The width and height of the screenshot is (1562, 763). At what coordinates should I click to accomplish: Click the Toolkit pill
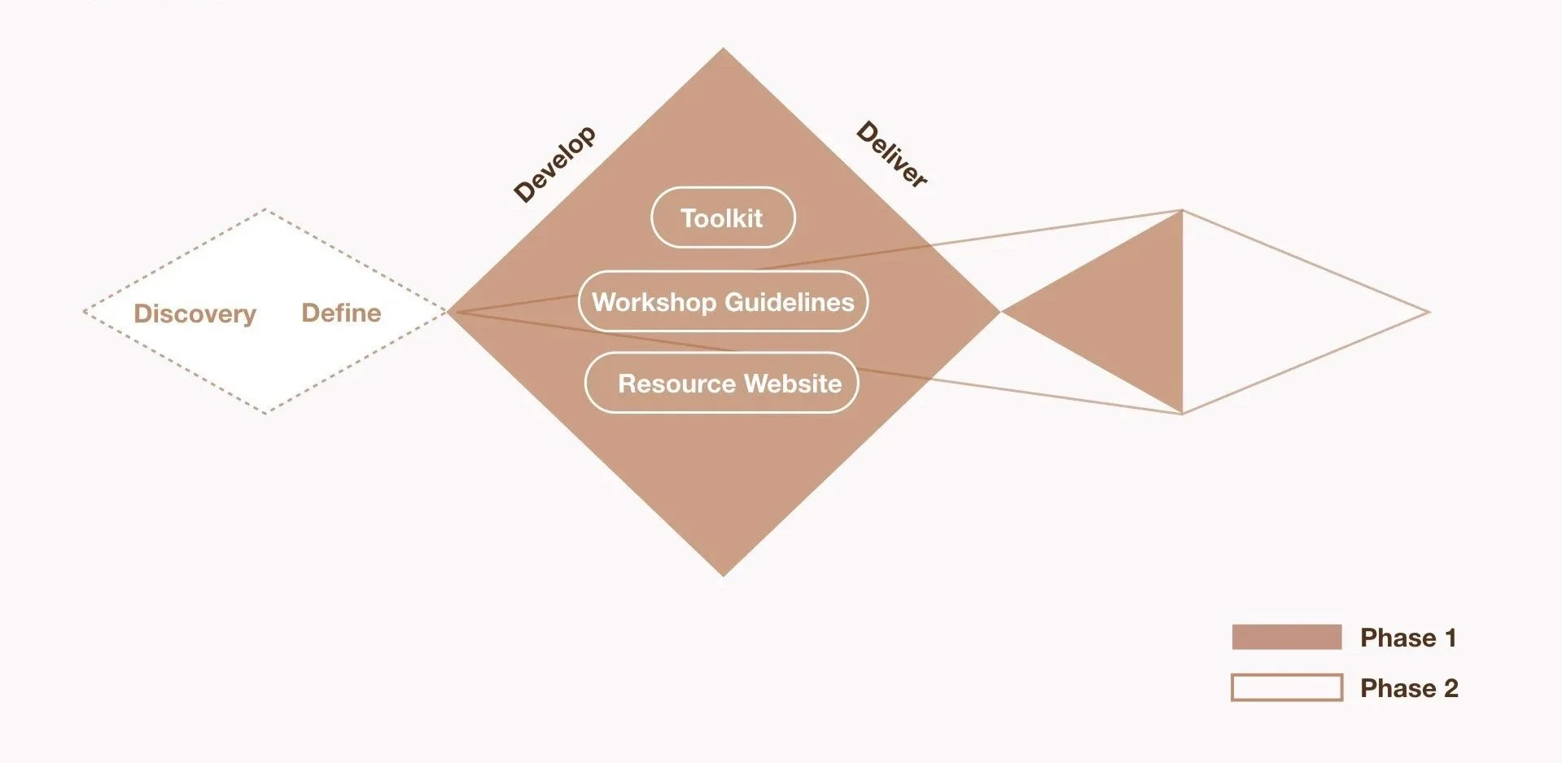click(723, 217)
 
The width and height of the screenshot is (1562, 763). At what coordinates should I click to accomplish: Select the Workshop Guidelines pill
click(723, 301)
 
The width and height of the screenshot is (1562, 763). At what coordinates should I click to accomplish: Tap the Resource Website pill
click(722, 383)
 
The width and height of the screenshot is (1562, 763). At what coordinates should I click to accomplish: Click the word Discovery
click(195, 314)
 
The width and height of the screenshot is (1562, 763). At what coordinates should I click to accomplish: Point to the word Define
click(341, 313)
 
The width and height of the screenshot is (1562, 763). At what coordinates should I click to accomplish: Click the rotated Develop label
click(554, 164)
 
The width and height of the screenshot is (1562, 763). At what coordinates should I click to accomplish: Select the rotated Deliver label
click(892, 154)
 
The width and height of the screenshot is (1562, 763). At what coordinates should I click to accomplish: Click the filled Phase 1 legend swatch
click(1286, 637)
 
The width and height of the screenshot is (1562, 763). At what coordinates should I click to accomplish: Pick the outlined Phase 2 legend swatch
click(1286, 687)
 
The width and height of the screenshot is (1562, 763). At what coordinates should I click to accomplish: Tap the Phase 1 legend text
click(1407, 638)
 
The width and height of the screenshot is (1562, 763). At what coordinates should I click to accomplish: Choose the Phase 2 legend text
click(1408, 688)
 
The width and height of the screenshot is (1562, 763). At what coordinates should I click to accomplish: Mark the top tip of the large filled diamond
click(723, 49)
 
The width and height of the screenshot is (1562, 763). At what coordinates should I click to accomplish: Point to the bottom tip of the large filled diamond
click(723, 575)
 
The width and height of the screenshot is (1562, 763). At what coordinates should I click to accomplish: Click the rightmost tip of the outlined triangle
click(1429, 312)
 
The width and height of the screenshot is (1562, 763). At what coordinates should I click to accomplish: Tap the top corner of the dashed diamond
click(265, 210)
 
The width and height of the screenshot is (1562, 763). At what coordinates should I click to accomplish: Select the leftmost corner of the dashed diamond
click(85, 312)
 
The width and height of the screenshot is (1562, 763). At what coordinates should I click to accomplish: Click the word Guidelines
click(789, 302)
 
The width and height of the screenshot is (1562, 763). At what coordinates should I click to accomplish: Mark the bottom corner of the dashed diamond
click(265, 413)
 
